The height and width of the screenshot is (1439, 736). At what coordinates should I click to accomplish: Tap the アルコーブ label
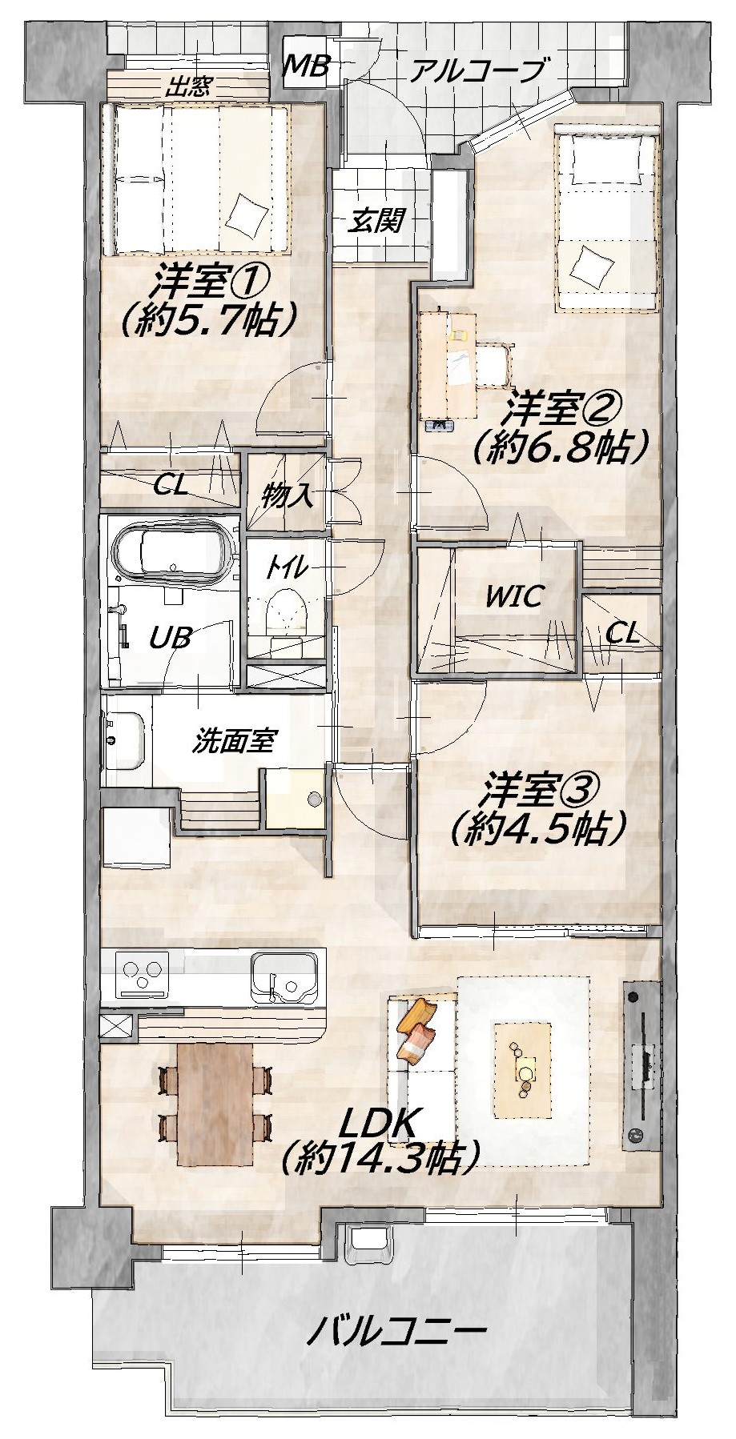click(479, 71)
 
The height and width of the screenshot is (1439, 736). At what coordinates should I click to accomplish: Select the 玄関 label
click(376, 219)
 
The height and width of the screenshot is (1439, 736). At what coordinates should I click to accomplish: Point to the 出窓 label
click(187, 86)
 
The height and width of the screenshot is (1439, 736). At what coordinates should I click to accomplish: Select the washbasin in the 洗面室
click(126, 740)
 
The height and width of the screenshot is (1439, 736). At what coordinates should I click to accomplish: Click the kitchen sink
click(285, 976)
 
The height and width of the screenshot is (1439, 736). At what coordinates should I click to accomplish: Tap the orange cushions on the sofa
click(416, 1028)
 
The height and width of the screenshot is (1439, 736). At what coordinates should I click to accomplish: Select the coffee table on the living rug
click(523, 1071)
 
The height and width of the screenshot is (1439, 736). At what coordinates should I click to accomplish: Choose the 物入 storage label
click(286, 496)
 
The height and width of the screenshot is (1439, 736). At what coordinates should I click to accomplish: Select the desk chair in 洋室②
click(495, 365)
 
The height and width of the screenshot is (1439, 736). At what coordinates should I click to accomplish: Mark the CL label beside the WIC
click(622, 635)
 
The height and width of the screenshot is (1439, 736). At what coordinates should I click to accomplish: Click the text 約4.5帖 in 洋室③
click(537, 828)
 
